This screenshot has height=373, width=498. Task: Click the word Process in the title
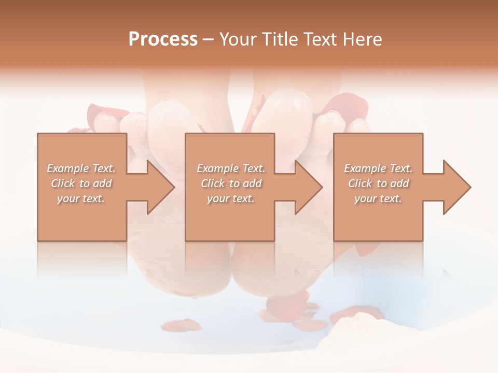click(x=163, y=39)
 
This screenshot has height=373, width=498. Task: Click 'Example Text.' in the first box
click(x=81, y=168)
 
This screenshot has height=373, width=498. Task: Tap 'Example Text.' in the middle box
click(x=230, y=168)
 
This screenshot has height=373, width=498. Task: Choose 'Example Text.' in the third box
click(x=378, y=168)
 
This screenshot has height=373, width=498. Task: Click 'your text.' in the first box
click(x=81, y=198)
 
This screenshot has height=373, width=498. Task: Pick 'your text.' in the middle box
click(x=230, y=198)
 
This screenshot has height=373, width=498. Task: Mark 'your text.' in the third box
click(x=378, y=198)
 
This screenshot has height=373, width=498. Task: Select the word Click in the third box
click(x=361, y=183)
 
